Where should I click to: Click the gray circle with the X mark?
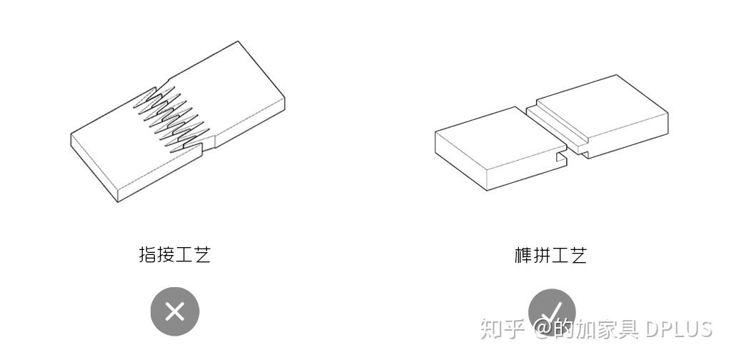coord(174,312)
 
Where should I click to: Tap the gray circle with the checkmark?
coord(551,311)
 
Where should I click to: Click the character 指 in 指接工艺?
coord(148,255)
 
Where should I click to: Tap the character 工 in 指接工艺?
coord(184,255)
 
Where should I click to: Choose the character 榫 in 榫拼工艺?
coord(523,255)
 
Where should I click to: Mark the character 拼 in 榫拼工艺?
coord(541,255)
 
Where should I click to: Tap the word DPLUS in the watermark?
coord(678,329)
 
